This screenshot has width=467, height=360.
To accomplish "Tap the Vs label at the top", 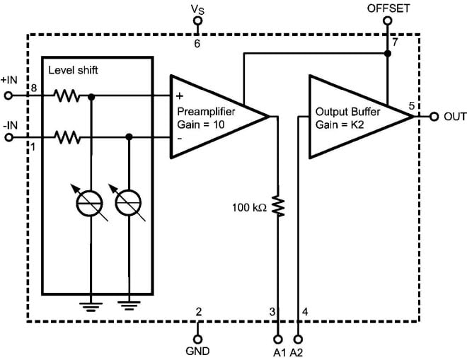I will tap(197, 8).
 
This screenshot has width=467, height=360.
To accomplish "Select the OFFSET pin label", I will tap(387, 8).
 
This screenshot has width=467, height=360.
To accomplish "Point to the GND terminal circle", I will tap(198, 337).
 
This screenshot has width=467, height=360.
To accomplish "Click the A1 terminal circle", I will tap(278, 337).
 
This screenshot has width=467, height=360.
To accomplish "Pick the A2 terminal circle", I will tap(299, 337).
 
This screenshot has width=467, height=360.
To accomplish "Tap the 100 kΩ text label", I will tap(250, 208).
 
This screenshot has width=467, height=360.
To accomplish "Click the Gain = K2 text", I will tap(336, 124).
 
